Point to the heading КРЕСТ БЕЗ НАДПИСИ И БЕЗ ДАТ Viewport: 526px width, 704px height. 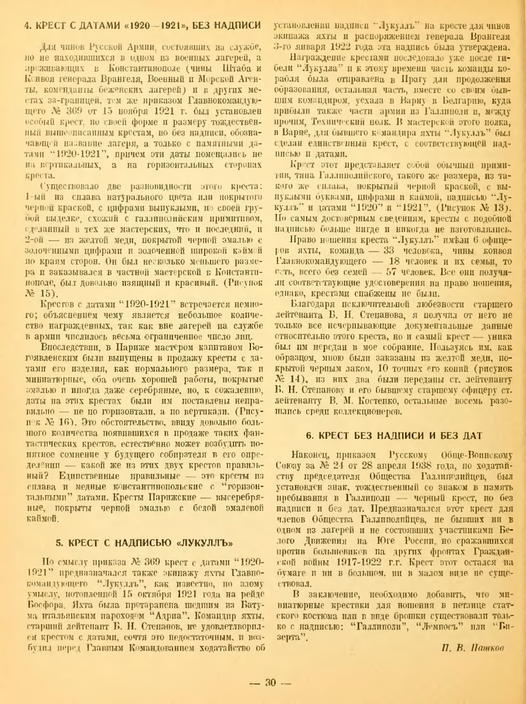click(x=394, y=418)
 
